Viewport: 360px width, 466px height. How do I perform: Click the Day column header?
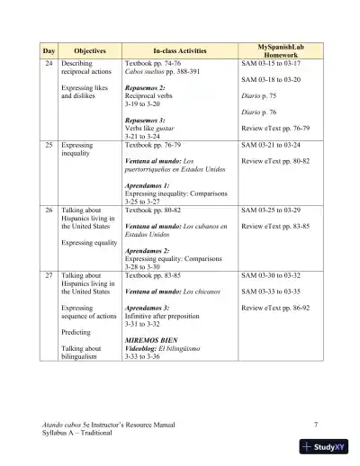(x=49, y=52)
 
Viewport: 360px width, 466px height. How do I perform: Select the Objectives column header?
(x=89, y=52)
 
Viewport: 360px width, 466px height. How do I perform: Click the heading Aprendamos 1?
(x=146, y=185)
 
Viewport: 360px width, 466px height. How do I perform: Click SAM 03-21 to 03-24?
(x=272, y=145)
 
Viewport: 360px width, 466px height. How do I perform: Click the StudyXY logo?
(x=327, y=446)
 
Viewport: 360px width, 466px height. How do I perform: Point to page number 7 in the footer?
(x=316, y=424)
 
